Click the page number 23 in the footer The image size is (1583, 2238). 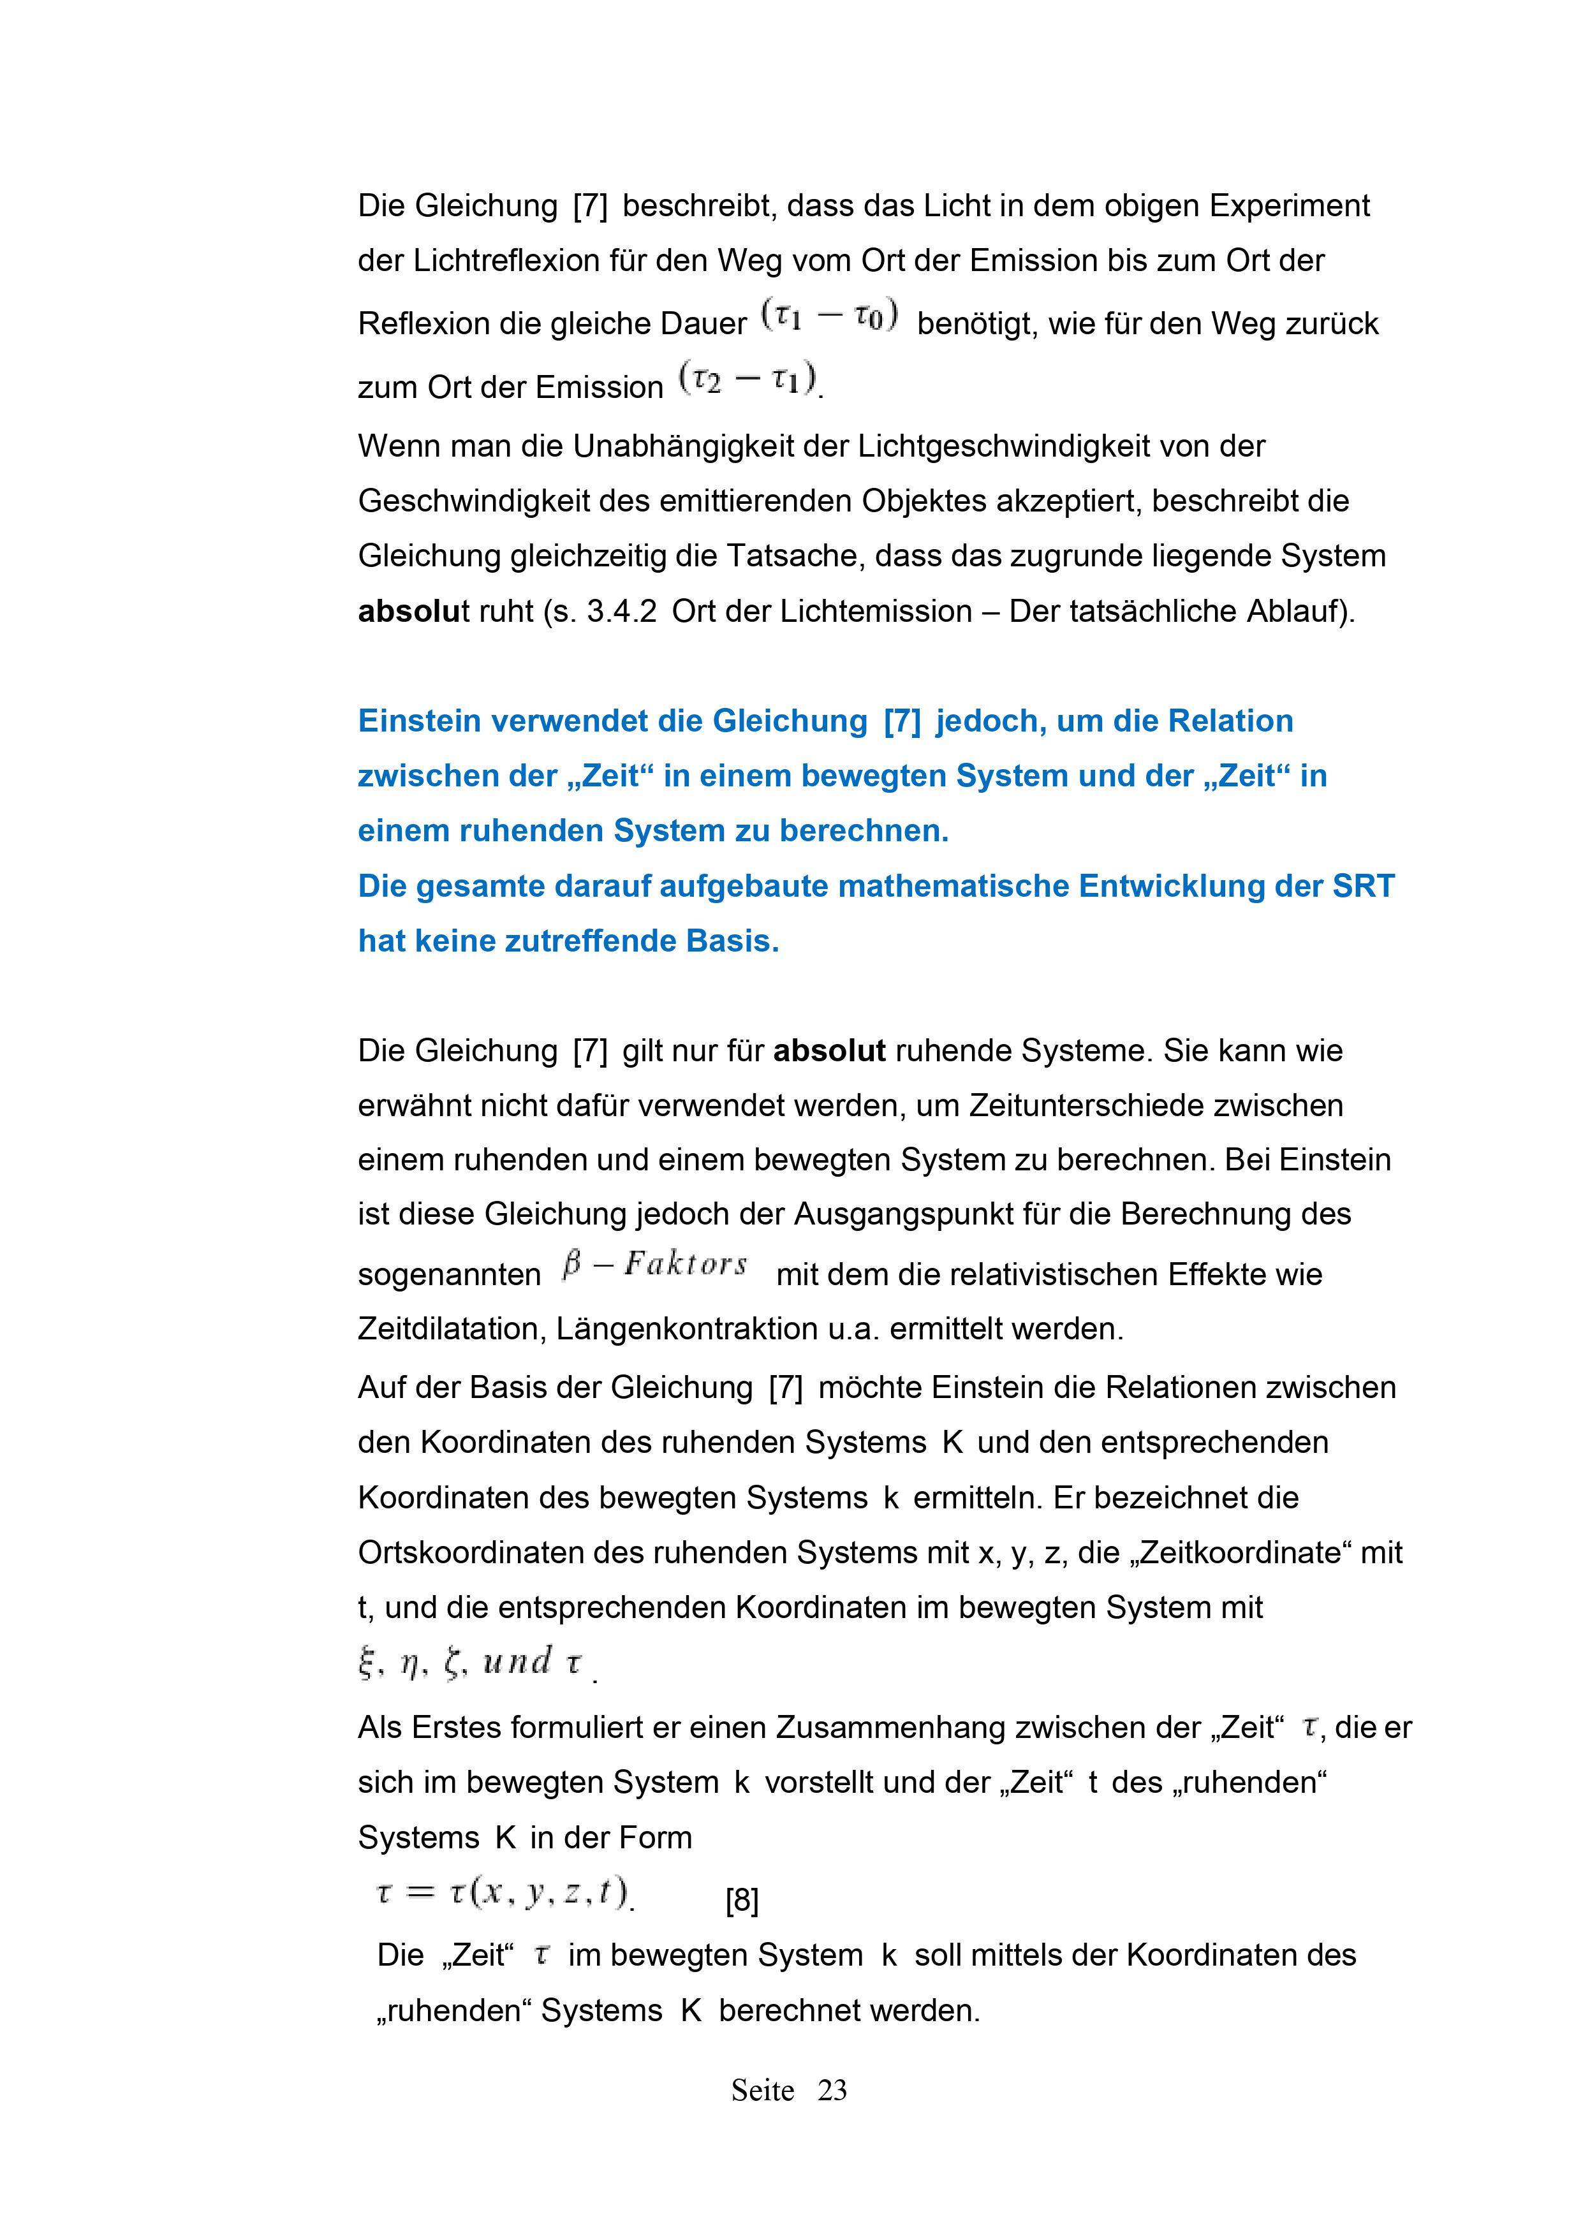(832, 2091)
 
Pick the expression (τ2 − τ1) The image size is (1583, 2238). (749, 380)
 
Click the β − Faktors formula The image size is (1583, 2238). (655, 1265)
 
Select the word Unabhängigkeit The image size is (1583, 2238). (711, 446)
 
